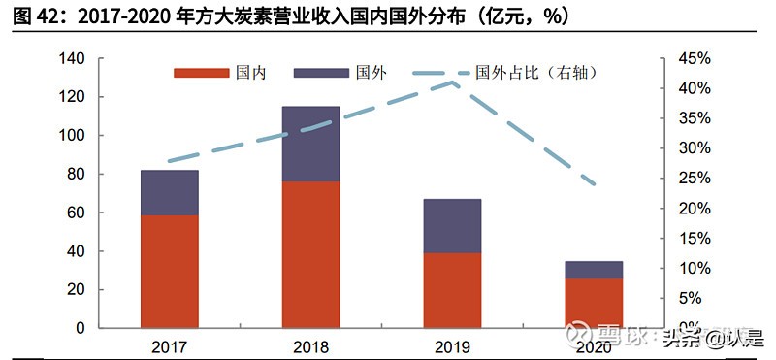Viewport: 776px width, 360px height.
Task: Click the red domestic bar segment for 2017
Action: tap(169, 271)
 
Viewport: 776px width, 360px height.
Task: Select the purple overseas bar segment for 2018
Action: tap(310, 144)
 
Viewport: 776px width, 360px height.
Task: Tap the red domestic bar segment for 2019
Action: tap(452, 290)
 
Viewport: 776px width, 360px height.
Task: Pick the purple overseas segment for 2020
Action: tap(594, 269)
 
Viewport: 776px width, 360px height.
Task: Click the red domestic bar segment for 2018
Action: tap(310, 254)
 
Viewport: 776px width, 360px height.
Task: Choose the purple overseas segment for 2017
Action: tap(169, 192)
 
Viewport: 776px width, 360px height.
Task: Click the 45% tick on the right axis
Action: tap(695, 59)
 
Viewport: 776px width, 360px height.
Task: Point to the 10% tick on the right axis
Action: tap(695, 269)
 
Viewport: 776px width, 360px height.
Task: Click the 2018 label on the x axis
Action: tap(310, 345)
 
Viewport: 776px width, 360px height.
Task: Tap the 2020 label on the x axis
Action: tap(594, 345)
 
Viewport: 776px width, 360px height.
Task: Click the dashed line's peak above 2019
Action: tap(452, 83)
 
